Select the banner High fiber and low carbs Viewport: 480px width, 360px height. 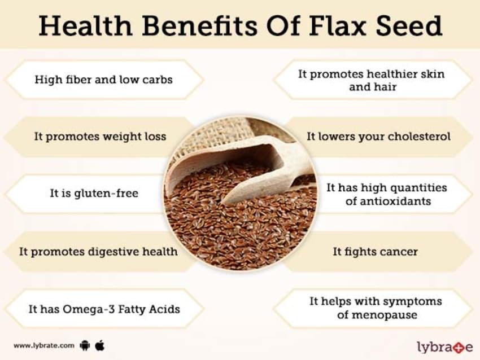[103, 79]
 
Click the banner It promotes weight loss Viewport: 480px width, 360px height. [100, 137]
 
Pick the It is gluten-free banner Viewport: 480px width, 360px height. [94, 194]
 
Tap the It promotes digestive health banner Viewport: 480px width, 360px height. [98, 251]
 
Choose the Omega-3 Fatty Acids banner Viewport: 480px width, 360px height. [104, 309]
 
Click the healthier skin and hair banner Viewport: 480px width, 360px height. [371, 80]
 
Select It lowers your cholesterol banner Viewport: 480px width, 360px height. [378, 137]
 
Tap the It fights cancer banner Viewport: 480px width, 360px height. [375, 251]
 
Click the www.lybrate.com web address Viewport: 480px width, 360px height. [44, 345]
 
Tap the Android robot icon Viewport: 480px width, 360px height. [86, 345]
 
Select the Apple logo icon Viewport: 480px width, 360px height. [100, 344]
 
